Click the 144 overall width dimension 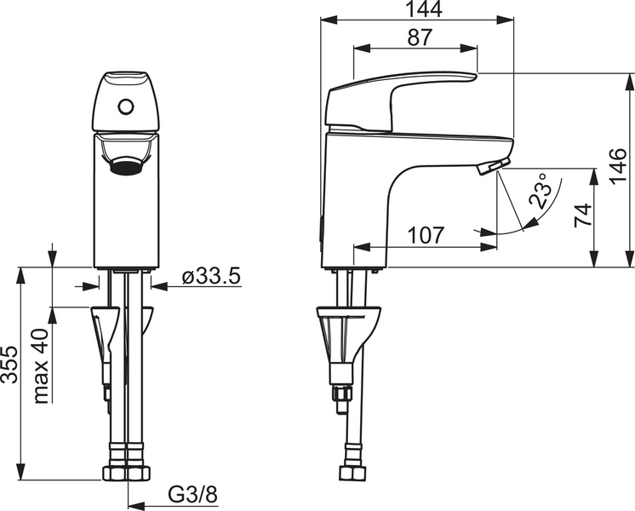419,9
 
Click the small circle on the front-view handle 126,107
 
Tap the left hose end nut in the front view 113,473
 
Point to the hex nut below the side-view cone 342,394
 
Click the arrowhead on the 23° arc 530,222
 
